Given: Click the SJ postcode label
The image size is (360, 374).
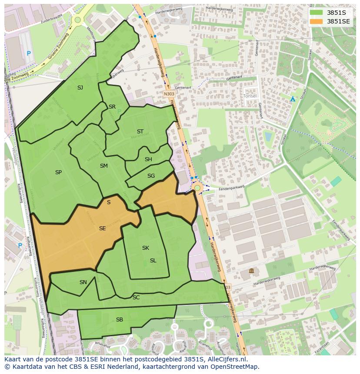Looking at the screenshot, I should click(x=80, y=88).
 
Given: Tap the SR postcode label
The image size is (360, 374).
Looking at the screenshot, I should click(x=112, y=107).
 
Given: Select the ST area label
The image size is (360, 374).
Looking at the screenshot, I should click(x=140, y=132).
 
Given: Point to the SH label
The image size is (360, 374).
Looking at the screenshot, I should click(x=148, y=159).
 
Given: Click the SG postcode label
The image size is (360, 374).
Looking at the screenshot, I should click(x=151, y=176).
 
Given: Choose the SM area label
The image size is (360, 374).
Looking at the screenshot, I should click(x=103, y=166).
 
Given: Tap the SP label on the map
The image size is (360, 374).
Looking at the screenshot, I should click(x=58, y=172).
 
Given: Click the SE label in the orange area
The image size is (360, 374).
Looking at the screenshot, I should click(x=102, y=228).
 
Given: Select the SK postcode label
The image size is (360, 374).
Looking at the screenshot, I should click(x=146, y=248).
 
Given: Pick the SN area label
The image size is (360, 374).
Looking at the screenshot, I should click(x=83, y=282).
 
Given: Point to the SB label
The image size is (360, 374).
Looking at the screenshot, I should click(x=120, y=320).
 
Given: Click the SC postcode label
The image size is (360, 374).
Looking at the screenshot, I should click(x=136, y=298).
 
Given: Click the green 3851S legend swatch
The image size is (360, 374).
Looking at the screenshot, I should click(x=316, y=13).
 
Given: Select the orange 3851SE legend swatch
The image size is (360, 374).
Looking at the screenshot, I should click(x=316, y=21).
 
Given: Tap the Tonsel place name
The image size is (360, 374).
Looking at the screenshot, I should click(x=250, y=96).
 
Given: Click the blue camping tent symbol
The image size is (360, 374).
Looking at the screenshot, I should click(x=293, y=99).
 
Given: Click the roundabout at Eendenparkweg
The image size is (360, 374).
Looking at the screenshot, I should click(x=197, y=188).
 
